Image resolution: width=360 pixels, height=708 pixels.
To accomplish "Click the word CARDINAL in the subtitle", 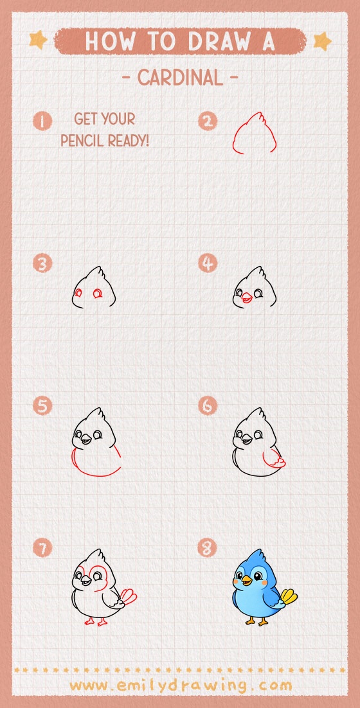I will [180, 78].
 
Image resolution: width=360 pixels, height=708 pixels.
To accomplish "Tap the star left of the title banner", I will [39, 40].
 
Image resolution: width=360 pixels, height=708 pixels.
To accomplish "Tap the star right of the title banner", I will [321, 41].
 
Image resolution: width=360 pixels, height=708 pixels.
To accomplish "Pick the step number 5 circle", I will [43, 406].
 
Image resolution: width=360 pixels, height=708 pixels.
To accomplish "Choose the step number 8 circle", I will [208, 548].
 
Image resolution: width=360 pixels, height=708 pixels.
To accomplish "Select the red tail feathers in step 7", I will [129, 597].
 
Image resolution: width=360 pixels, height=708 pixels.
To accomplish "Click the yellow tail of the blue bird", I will [289, 598].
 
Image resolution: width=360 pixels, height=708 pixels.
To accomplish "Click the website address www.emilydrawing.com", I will [180, 685].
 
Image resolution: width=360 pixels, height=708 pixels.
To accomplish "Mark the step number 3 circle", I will [43, 264].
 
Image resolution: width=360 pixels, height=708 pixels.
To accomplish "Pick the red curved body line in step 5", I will [96, 472].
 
